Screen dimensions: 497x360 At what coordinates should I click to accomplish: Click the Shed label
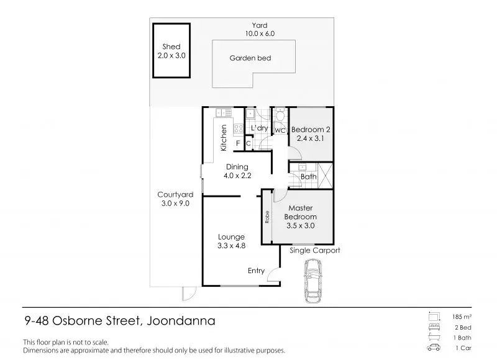[x=171, y=47]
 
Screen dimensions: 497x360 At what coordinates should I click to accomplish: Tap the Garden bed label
[x=250, y=58]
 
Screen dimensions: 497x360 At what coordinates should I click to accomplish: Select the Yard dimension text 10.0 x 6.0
[x=260, y=34]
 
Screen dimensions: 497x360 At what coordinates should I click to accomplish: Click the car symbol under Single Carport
[x=312, y=281]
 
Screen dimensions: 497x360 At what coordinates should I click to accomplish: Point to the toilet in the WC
[x=280, y=115]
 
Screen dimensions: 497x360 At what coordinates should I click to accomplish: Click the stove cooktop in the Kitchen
[x=239, y=128]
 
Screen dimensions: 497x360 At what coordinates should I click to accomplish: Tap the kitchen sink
[x=224, y=112]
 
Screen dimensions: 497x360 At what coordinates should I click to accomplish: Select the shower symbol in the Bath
[x=325, y=176]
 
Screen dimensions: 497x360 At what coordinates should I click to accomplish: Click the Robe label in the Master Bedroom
[x=267, y=217]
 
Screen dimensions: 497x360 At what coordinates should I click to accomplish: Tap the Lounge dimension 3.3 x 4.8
[x=231, y=246]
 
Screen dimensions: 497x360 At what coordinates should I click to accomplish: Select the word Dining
[x=237, y=167]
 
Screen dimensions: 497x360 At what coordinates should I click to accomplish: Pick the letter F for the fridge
[x=238, y=143]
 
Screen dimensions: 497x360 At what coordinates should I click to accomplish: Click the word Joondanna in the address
[x=181, y=321]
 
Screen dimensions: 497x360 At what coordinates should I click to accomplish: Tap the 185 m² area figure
[x=462, y=317]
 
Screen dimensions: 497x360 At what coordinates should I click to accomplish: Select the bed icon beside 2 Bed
[x=434, y=327]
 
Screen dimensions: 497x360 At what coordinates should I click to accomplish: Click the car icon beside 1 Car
[x=434, y=348]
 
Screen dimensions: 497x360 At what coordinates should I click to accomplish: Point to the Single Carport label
[x=315, y=251]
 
